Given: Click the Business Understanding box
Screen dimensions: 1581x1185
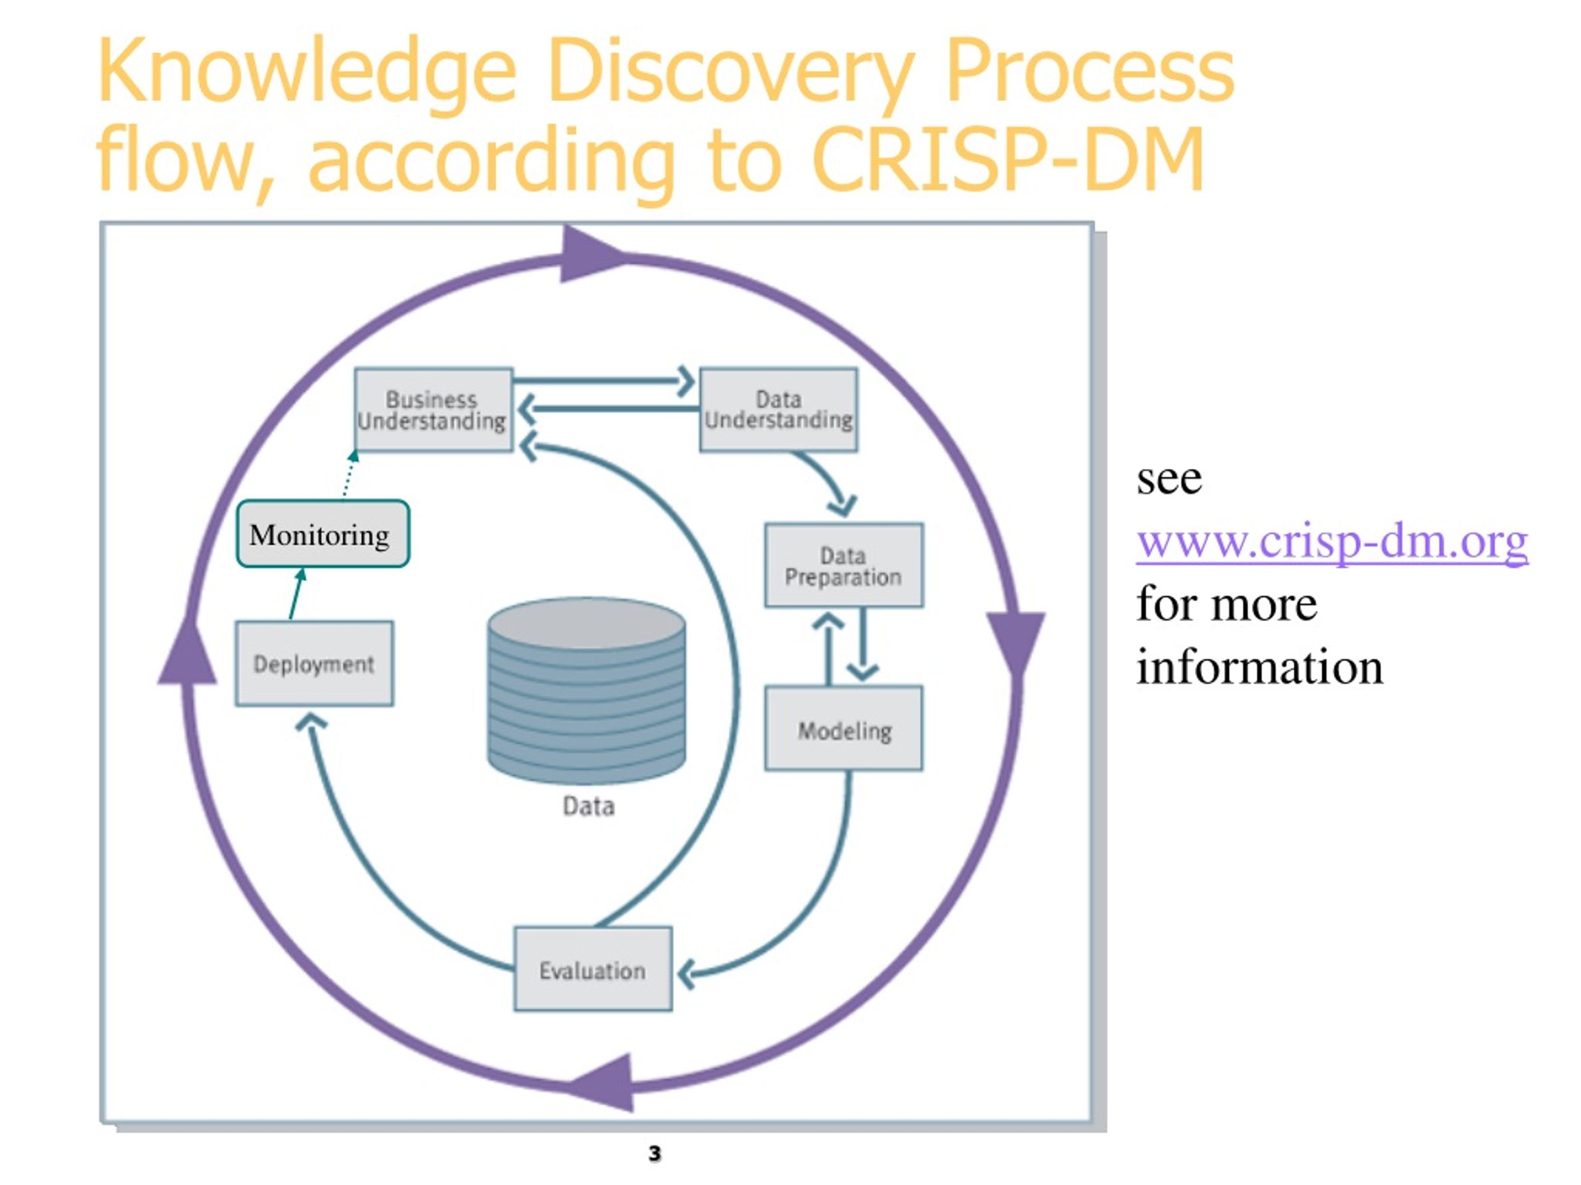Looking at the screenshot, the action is pyautogui.click(x=433, y=409).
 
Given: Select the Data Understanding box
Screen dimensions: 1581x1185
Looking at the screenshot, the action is pyautogui.click(x=778, y=409).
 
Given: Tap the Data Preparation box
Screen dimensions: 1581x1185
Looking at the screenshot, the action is pyautogui.click(x=844, y=565).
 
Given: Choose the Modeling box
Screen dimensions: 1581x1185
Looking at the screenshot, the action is pyautogui.click(x=844, y=728).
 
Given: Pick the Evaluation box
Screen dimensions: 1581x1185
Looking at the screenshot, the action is pyautogui.click(x=592, y=968).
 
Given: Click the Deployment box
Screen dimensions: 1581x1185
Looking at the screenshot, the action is pyautogui.click(x=314, y=663).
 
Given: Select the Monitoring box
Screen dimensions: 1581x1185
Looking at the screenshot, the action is pyautogui.click(x=322, y=534).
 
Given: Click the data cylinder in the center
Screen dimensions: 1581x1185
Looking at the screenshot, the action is pyautogui.click(x=586, y=691).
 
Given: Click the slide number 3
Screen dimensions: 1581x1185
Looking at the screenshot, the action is pyautogui.click(x=655, y=1153).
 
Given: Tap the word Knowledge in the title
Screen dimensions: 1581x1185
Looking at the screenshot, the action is pyautogui.click(x=306, y=73).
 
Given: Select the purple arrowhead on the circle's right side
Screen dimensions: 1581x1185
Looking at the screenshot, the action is pyautogui.click(x=1016, y=641).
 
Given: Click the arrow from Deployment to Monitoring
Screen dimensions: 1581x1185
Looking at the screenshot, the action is pyautogui.click(x=296, y=594).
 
